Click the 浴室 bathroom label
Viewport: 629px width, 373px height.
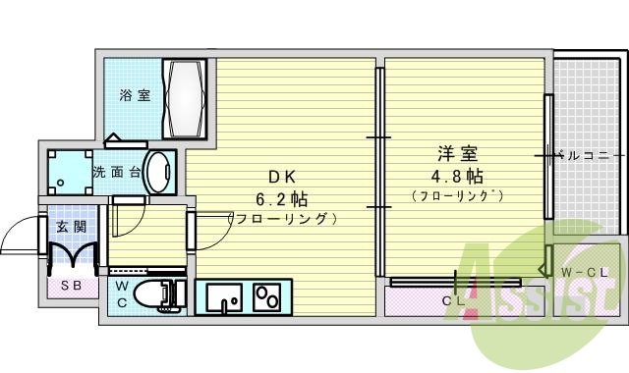[135, 96]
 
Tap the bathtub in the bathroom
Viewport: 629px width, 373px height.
[185, 99]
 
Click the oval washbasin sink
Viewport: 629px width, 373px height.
[158, 172]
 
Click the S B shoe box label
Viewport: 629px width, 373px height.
[72, 287]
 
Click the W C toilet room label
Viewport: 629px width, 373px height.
[122, 293]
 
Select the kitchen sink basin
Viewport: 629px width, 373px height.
[222, 295]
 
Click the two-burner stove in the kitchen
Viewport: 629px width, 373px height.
[265, 295]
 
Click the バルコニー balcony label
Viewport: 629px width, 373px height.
[587, 155]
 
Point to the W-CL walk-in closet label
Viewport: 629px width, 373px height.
[580, 272]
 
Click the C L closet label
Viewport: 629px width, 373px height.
[453, 301]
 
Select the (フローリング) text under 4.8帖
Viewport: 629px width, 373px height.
[457, 196]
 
